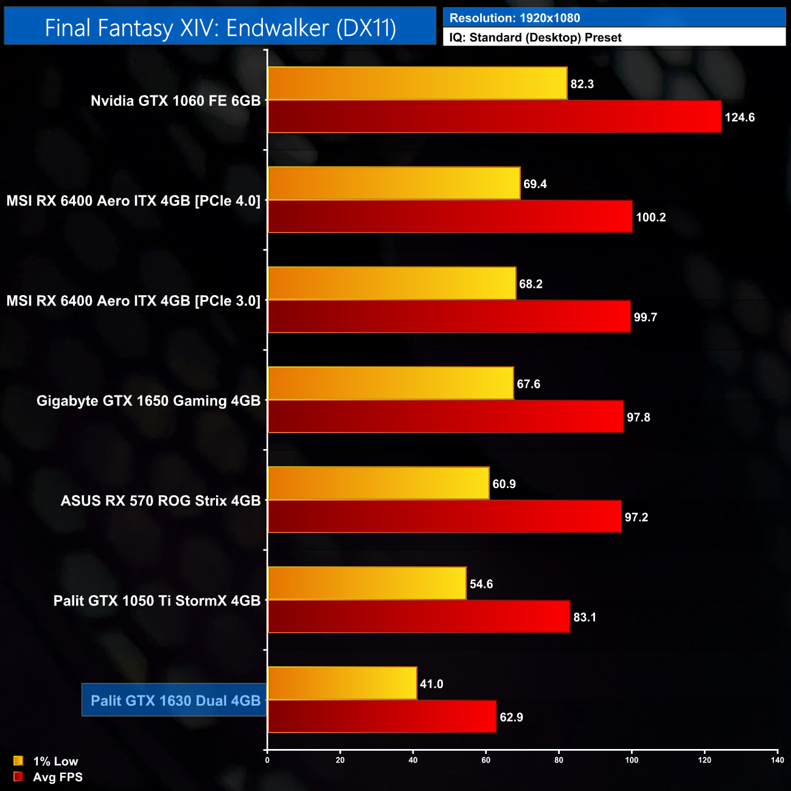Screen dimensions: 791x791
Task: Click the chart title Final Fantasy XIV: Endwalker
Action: point(220,28)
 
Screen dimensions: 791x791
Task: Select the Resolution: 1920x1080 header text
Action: point(515,18)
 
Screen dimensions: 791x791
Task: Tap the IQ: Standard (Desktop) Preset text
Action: point(535,38)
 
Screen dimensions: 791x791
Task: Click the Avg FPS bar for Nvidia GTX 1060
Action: point(495,117)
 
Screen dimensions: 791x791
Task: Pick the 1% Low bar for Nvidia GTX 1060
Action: point(417,83)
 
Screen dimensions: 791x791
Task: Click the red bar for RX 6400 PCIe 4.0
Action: point(450,217)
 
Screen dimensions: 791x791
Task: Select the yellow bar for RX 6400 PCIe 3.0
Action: point(392,284)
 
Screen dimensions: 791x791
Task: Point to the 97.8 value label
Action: point(638,417)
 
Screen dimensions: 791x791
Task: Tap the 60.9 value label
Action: point(504,484)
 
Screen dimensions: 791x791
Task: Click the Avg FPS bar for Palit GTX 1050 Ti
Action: point(419,617)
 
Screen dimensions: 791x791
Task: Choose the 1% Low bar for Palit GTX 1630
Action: point(342,683)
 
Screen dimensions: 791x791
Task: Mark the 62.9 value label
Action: point(511,717)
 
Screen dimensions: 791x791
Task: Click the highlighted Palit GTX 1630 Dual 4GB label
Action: point(175,700)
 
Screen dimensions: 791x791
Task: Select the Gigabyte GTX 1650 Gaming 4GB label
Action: point(148,401)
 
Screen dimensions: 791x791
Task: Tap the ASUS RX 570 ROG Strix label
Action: point(161,501)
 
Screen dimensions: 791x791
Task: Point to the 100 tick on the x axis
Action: point(632,760)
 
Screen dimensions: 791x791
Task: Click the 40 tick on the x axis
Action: point(413,760)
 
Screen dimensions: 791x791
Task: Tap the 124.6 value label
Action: point(739,117)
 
